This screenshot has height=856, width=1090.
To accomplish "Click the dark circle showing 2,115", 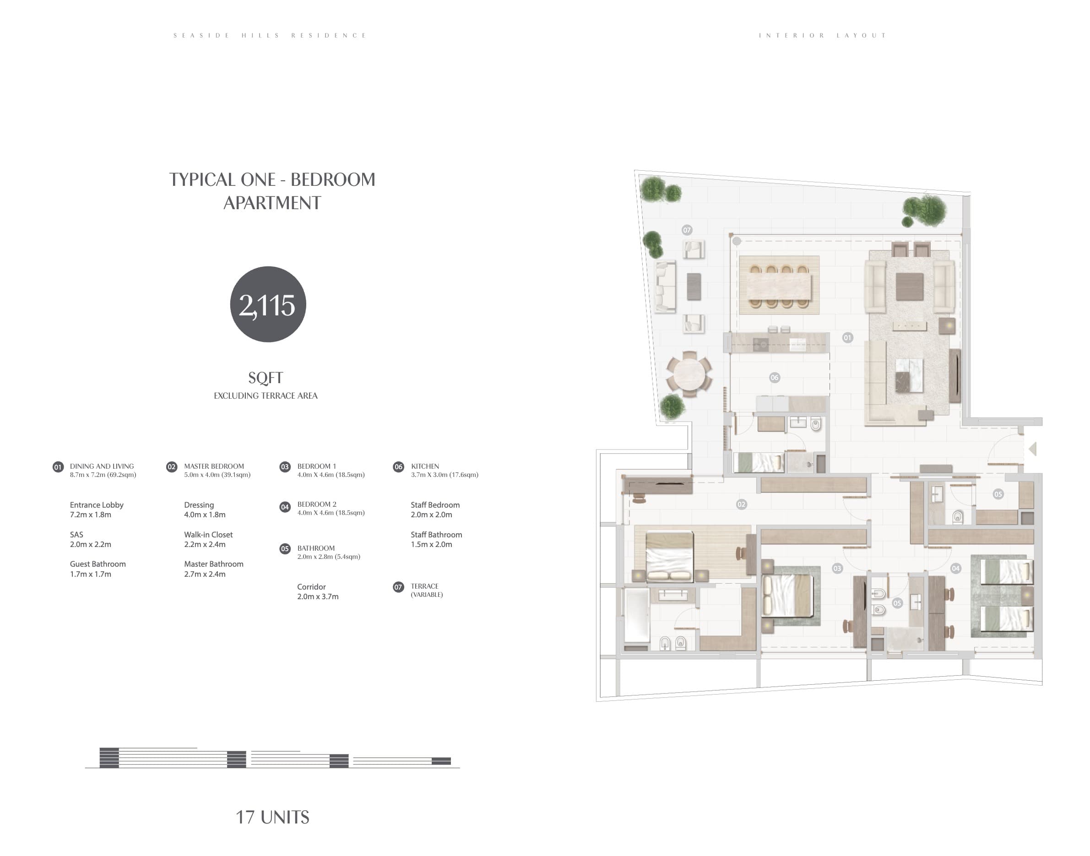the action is [268, 304].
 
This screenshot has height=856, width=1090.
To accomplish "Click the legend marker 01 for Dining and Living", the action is [58, 467].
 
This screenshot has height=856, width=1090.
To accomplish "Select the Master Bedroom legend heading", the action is [214, 466].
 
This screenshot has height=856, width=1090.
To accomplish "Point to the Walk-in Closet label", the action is [208, 535].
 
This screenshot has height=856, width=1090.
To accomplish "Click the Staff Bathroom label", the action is [436, 535].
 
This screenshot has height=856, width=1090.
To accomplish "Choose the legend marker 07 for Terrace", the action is [398, 587].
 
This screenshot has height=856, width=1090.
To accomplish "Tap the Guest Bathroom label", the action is [98, 564].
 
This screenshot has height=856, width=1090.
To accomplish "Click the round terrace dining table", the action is [689, 374].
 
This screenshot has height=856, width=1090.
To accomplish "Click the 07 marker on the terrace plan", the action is [687, 230].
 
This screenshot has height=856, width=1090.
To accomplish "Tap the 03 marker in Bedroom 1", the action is [837, 569].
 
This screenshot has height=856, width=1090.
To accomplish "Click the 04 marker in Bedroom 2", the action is [956, 569].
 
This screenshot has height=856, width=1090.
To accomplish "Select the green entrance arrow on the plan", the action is [1032, 449].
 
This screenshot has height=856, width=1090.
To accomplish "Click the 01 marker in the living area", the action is [847, 338].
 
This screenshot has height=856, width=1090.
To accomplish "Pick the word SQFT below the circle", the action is [266, 378].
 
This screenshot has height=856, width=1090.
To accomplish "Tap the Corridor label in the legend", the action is [311, 587].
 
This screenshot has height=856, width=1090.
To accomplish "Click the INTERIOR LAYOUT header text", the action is [822, 36].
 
